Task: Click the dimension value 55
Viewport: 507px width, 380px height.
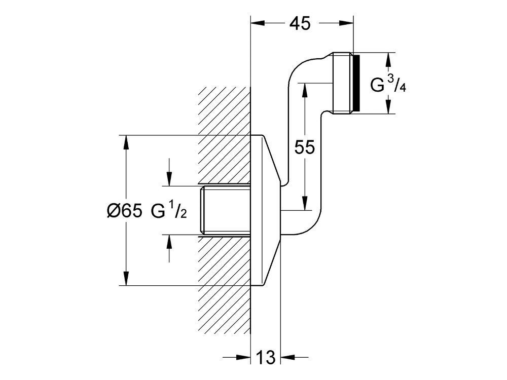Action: click(305, 147)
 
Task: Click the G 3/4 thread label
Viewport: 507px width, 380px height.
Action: click(388, 84)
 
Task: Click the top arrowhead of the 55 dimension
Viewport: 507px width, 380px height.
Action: click(305, 89)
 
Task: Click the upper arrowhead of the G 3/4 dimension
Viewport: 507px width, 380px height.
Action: click(388, 59)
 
